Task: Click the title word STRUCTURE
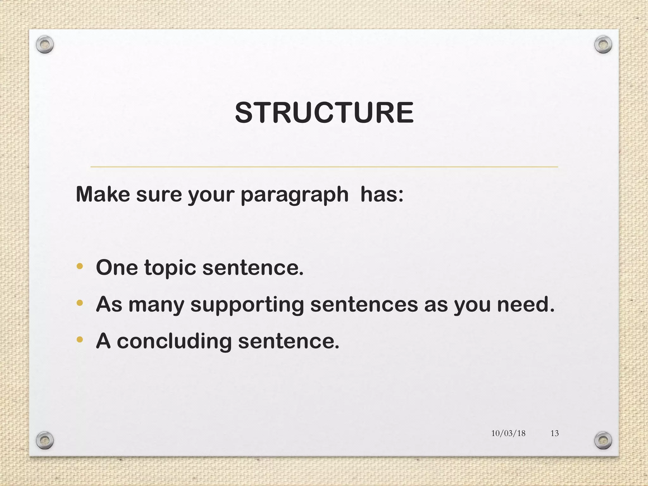tap(324, 113)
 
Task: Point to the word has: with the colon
tap(382, 194)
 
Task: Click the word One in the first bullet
tap(117, 268)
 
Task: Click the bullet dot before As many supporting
tap(80, 303)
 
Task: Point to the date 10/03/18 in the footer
tap(508, 433)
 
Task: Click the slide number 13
tap(554, 433)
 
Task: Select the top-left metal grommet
tap(45, 45)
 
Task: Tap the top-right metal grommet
tap(603, 45)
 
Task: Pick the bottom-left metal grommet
tap(45, 440)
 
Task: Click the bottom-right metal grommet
tap(603, 440)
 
